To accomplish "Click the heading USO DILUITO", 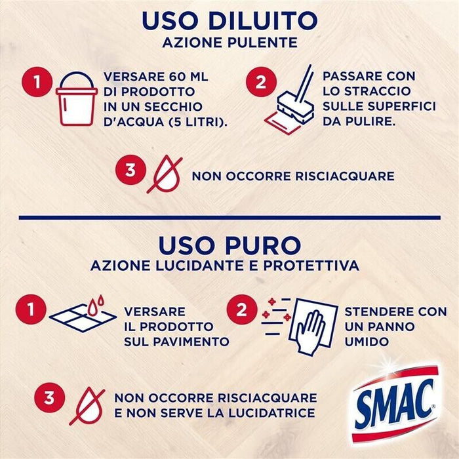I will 229,20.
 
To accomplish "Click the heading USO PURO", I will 229,245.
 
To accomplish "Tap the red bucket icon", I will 76,99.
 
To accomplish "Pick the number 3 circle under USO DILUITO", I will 130,170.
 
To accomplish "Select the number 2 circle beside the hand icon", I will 242,309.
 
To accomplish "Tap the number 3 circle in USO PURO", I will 49,399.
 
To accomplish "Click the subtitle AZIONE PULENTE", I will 229,44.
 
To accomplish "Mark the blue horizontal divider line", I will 229,216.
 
